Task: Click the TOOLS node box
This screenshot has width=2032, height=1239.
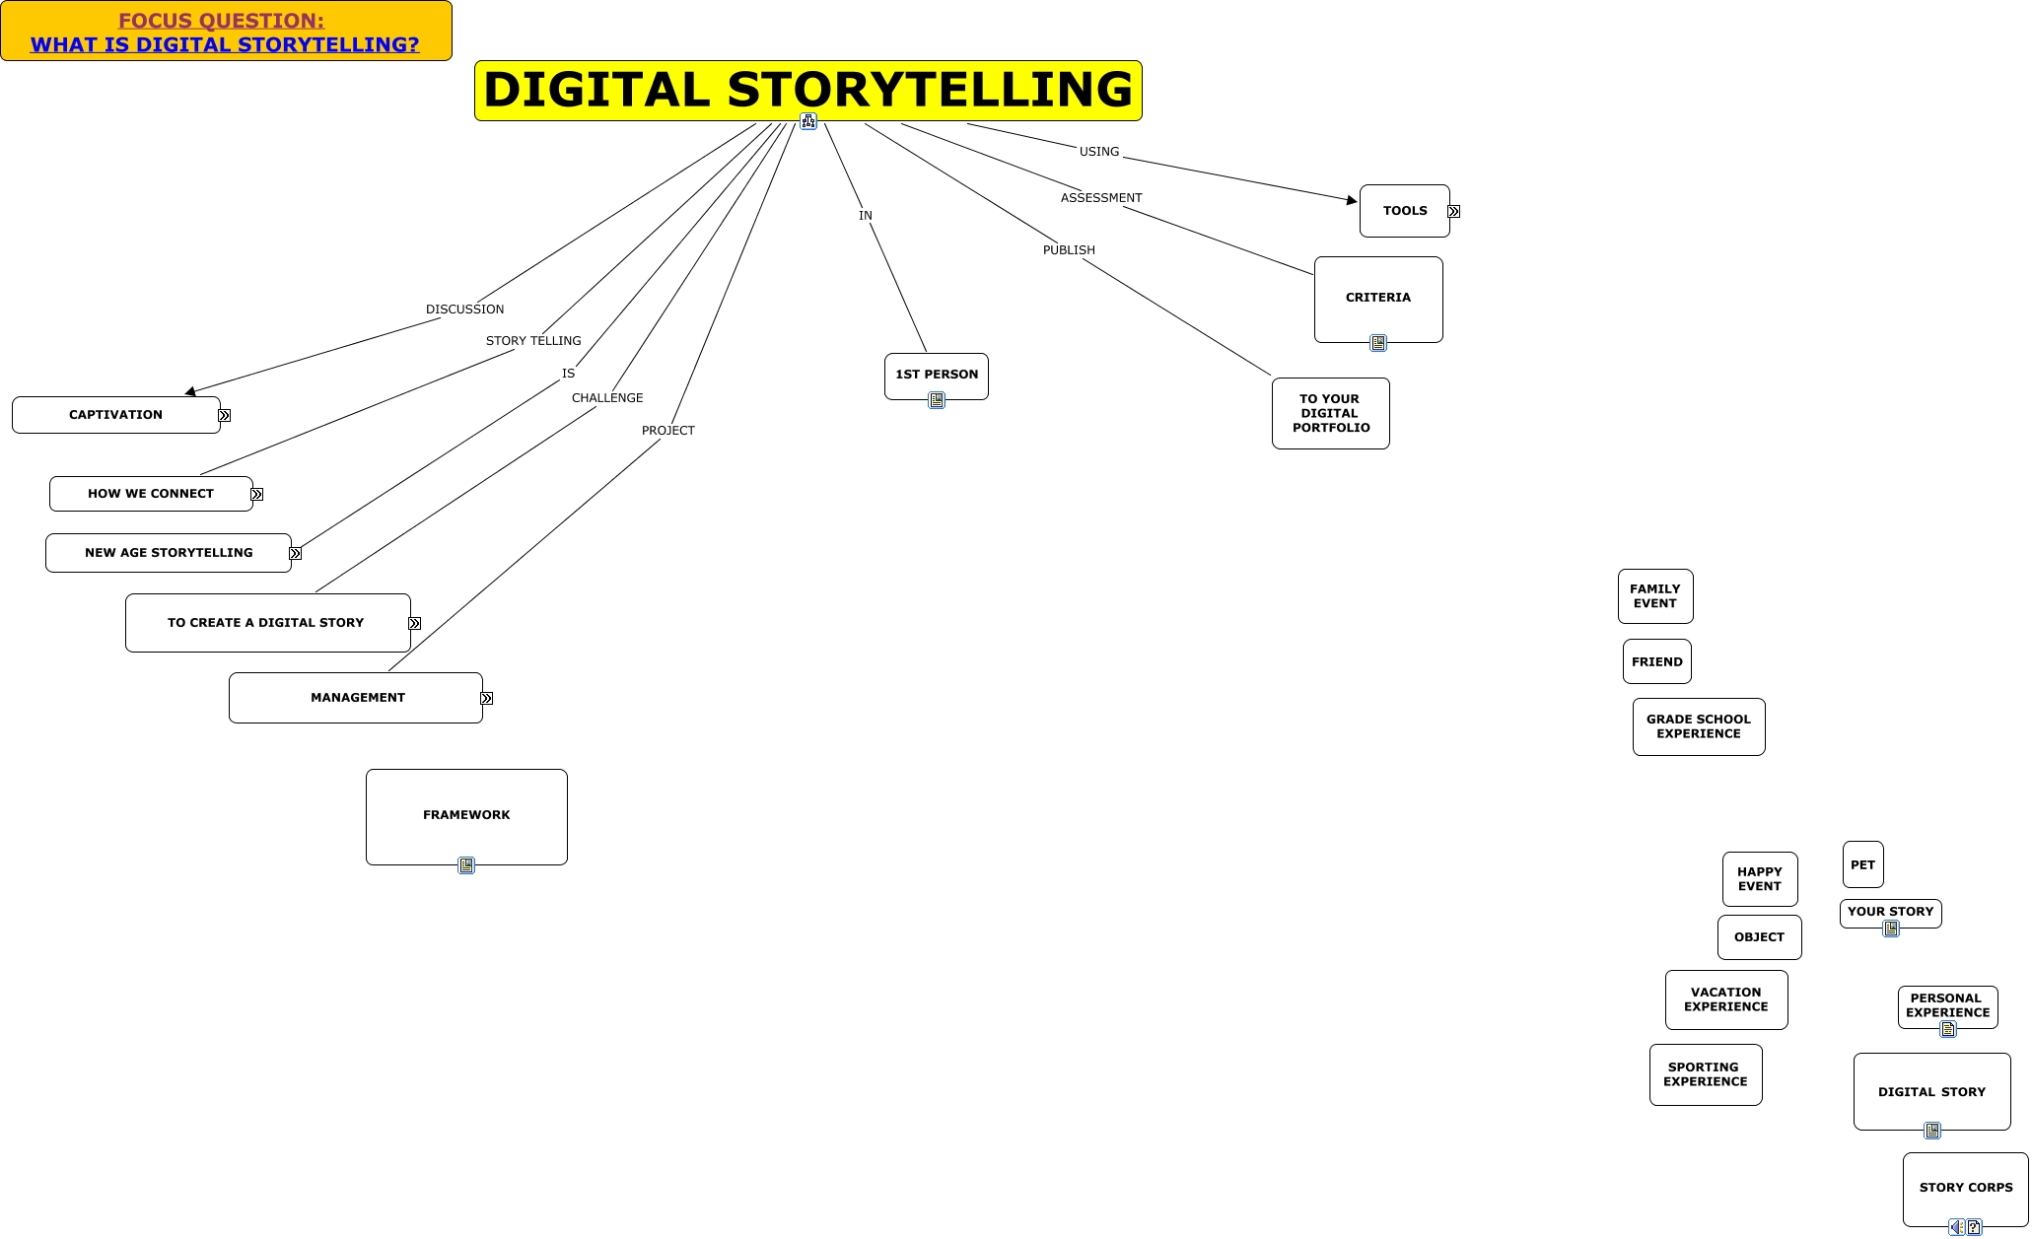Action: [x=1404, y=211]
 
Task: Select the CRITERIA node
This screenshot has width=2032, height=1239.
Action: [x=1377, y=298]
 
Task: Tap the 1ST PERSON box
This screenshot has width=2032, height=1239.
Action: [x=936, y=375]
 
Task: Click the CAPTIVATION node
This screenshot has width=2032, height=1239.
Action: [x=115, y=415]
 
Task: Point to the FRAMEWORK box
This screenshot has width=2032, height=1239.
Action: [x=466, y=815]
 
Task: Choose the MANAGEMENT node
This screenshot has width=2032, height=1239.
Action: [x=356, y=698]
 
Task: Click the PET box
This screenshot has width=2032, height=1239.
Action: [x=1862, y=864]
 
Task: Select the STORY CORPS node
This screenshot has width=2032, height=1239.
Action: [x=1965, y=1188]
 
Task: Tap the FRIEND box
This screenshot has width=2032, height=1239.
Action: [x=1656, y=661]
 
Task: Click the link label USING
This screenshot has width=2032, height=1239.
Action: [x=1099, y=152]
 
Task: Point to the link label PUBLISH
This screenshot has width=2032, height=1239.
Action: [x=1069, y=250]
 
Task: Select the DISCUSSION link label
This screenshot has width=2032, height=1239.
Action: [x=464, y=310]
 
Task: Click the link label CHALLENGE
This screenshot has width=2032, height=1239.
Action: [x=607, y=398]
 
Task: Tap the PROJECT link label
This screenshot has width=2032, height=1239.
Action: [x=668, y=431]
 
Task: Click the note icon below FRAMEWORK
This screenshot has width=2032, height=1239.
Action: [x=466, y=865]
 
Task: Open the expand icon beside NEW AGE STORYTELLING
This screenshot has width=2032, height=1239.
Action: [x=295, y=554]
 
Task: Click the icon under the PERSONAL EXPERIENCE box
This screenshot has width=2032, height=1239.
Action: [x=1947, y=1029]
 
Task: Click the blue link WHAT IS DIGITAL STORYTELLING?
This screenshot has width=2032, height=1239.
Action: [x=225, y=44]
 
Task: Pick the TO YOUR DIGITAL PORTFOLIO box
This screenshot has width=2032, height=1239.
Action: [x=1330, y=414]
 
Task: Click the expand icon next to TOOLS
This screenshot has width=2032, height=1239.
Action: [x=1453, y=212]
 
